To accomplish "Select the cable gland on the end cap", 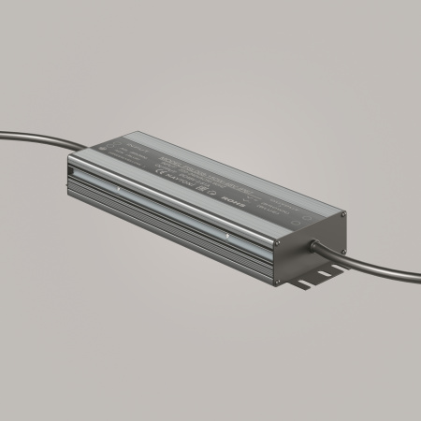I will coord(316,245).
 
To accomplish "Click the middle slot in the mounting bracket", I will coord(312,279).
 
